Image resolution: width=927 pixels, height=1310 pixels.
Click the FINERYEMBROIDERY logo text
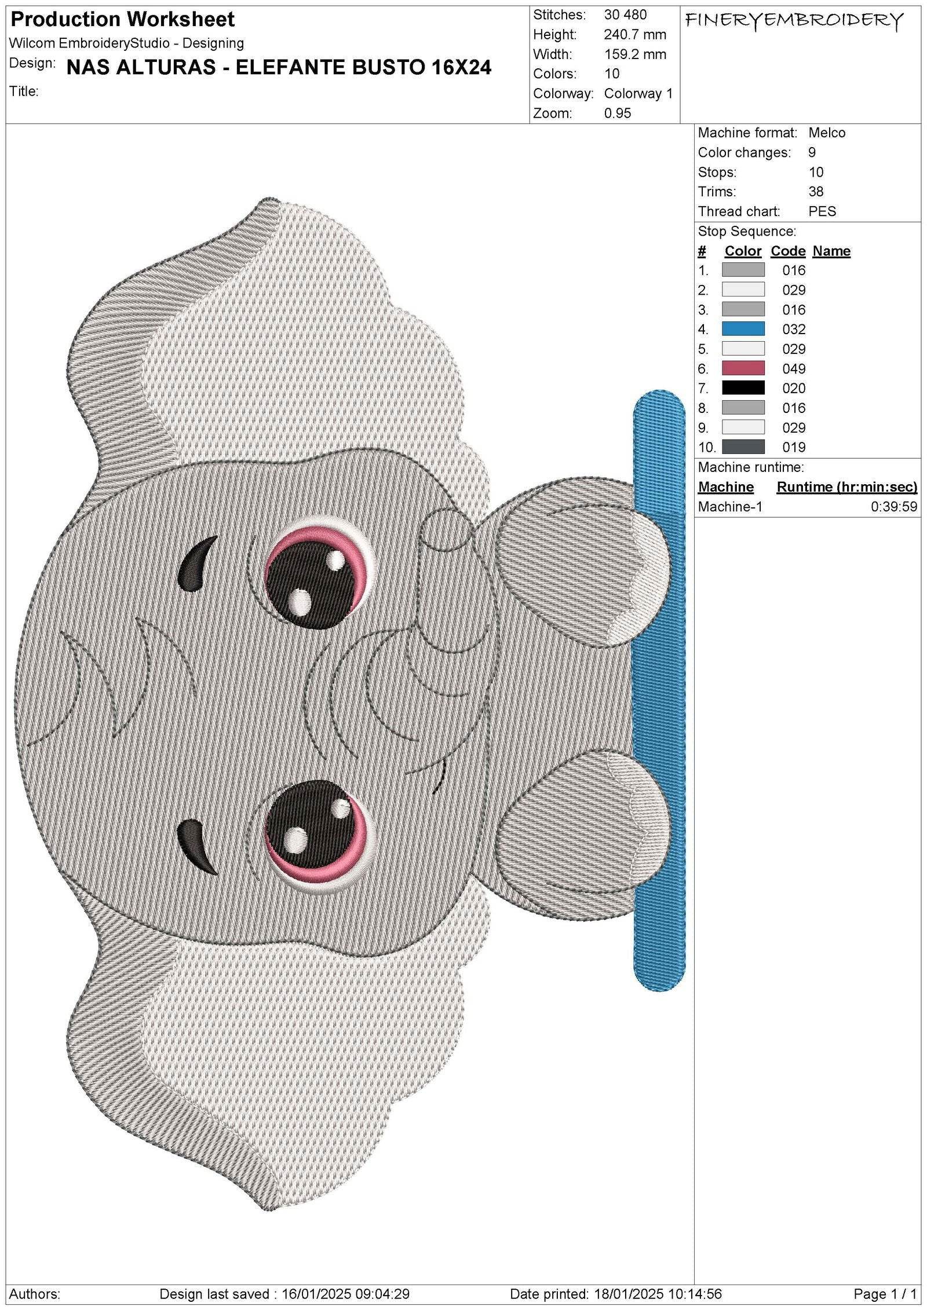[794, 22]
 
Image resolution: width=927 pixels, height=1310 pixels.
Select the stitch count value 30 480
[625, 15]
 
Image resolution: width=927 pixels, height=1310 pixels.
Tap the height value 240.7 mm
[634, 35]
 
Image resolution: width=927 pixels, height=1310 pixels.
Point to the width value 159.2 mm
[634, 54]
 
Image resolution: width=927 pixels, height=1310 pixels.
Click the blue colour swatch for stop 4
[743, 329]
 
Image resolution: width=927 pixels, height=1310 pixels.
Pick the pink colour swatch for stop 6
[743, 368]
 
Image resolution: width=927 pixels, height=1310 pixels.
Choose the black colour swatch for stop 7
[743, 388]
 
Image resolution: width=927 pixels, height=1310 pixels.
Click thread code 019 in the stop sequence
[793, 447]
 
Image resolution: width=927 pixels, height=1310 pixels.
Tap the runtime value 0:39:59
[893, 507]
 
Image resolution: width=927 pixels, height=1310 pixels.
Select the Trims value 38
[816, 192]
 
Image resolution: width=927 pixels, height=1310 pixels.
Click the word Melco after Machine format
[827, 133]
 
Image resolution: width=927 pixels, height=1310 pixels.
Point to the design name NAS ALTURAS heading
[279, 68]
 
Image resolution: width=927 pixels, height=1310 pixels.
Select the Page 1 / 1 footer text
[885, 1294]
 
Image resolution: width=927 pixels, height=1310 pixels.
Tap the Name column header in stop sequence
[831, 251]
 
